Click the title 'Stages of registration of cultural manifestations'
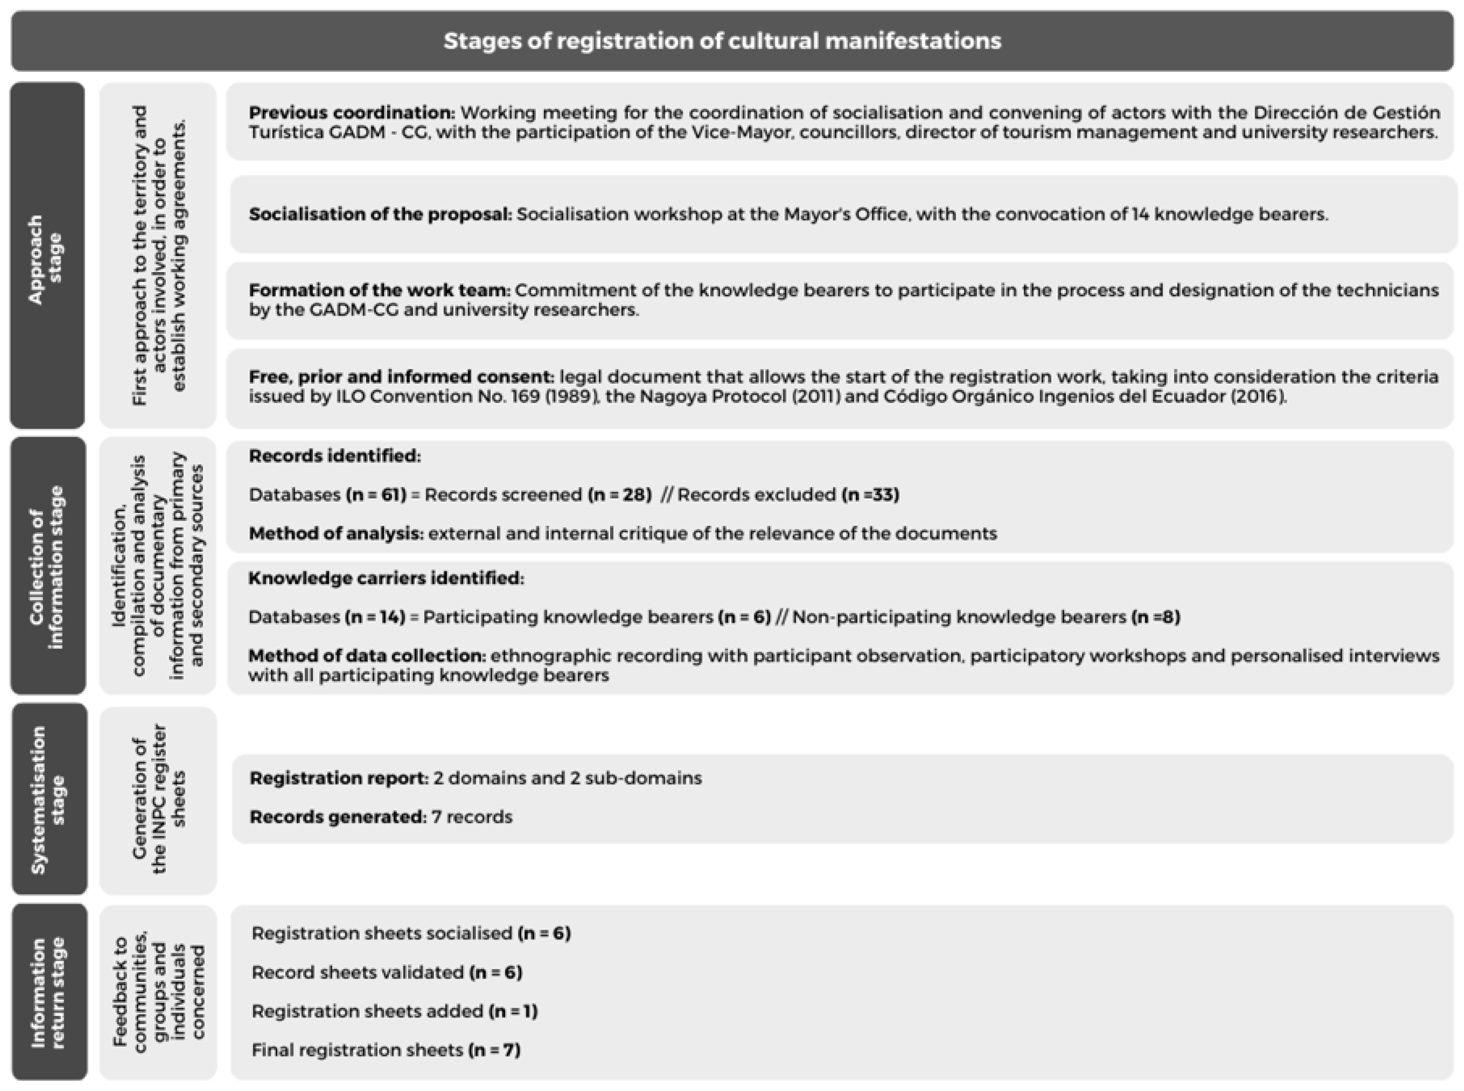click(722, 41)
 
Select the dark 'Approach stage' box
click(47, 255)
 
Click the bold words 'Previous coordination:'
click(352, 113)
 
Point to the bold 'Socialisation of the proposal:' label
click(380, 214)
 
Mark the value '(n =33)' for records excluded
click(870, 495)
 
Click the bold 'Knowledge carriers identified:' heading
click(386, 579)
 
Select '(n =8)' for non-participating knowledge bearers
click(1155, 617)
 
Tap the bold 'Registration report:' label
click(339, 778)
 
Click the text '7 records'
click(472, 817)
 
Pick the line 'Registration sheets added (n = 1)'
click(394, 1011)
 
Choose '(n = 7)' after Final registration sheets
click(495, 1050)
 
